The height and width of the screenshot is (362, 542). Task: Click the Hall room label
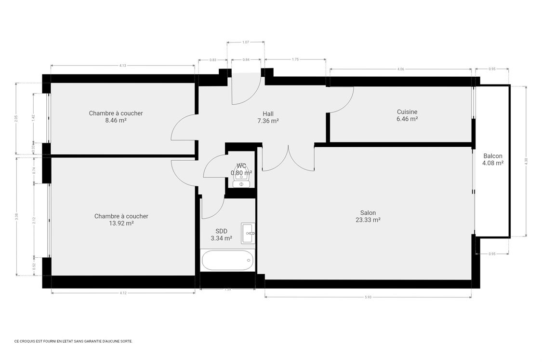(x=268, y=114)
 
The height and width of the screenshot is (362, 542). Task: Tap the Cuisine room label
(x=407, y=111)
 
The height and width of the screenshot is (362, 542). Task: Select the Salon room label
(x=368, y=213)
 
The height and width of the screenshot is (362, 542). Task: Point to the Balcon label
(x=493, y=156)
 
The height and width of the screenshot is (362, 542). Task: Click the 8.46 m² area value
(x=116, y=121)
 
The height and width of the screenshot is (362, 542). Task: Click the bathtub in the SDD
(x=227, y=261)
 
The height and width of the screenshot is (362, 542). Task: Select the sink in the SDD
(x=248, y=234)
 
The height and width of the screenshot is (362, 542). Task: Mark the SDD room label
(x=221, y=231)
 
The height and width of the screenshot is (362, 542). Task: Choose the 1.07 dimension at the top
(x=245, y=42)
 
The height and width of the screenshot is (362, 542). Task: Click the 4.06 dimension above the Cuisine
(x=400, y=69)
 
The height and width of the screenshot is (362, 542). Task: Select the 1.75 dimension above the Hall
(x=295, y=59)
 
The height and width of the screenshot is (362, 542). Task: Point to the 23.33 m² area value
(x=368, y=220)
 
